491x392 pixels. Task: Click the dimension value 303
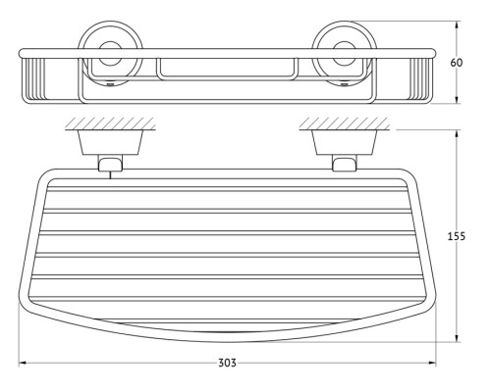point(227,363)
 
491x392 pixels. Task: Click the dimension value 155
point(457,236)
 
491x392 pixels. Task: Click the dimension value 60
point(457,63)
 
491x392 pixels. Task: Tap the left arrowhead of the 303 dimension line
point(23,363)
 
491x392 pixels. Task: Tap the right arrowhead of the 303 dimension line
point(432,363)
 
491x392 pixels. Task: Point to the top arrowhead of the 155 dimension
point(458,133)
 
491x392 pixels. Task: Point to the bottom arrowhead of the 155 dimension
point(458,338)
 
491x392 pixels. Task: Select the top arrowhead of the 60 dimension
point(458,24)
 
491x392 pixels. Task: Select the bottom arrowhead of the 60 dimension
point(458,100)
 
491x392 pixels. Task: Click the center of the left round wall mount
point(111,53)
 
